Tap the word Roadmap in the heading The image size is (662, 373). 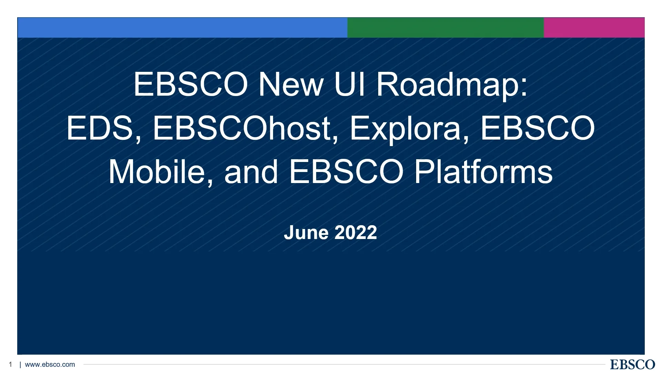tap(452, 85)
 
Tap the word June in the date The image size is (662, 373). tap(306, 232)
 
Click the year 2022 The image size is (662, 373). tap(356, 232)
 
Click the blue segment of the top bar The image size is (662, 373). tap(182, 28)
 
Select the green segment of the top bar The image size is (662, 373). tap(445, 28)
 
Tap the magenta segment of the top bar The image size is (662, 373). tap(594, 28)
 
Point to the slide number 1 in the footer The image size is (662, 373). tap(11, 364)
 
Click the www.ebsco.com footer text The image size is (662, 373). tap(50, 364)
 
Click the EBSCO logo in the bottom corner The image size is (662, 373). tap(632, 364)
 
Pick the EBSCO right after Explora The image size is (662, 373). tap(538, 128)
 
